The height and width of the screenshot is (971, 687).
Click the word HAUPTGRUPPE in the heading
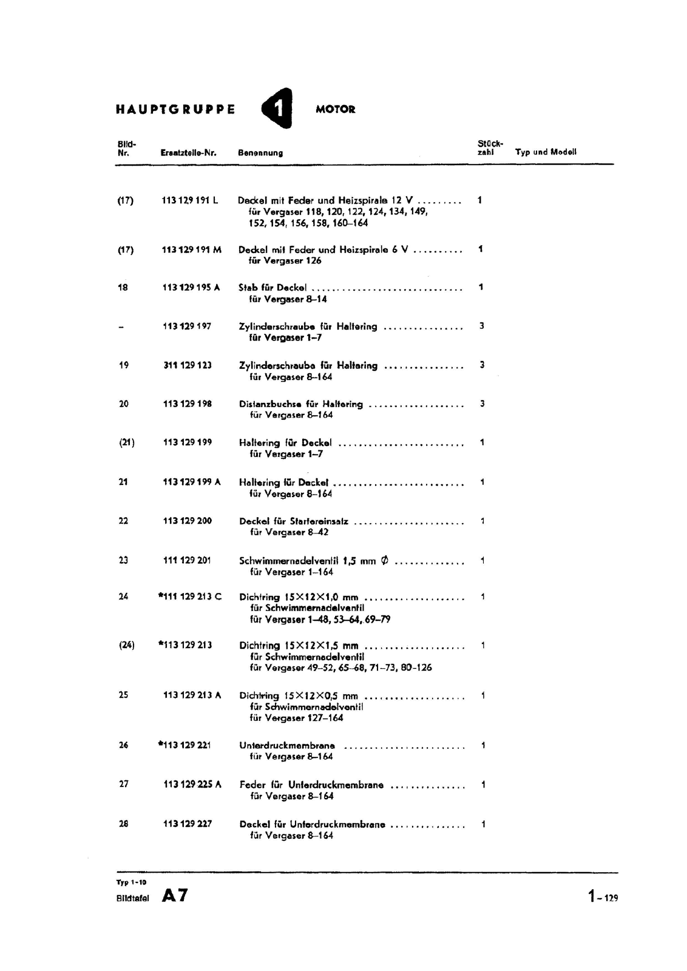point(175,110)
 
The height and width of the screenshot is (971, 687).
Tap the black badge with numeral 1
point(277,109)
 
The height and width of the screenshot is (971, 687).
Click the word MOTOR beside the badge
point(336,110)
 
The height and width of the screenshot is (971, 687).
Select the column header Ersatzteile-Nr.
point(188,153)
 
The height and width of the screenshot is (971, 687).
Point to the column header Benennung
point(260,153)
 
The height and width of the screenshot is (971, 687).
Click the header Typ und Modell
point(546,152)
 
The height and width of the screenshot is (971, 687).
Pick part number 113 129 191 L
point(190,200)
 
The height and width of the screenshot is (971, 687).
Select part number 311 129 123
point(188,365)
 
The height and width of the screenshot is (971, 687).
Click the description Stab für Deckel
point(272,288)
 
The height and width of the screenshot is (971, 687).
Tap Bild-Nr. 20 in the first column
point(124,404)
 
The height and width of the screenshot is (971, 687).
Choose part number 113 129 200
point(188,521)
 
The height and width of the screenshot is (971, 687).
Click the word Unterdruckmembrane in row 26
point(287,746)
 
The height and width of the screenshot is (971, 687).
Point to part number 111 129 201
point(187,560)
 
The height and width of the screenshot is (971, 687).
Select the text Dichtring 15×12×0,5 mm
point(299,696)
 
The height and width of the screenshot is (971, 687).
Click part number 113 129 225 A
point(192,785)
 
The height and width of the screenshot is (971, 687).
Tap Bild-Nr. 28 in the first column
point(124,824)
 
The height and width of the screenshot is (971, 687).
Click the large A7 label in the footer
point(175,896)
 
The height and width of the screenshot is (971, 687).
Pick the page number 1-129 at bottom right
point(603,896)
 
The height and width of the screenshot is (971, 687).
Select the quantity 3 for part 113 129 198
point(482,404)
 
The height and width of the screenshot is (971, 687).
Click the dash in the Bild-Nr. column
point(121,327)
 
